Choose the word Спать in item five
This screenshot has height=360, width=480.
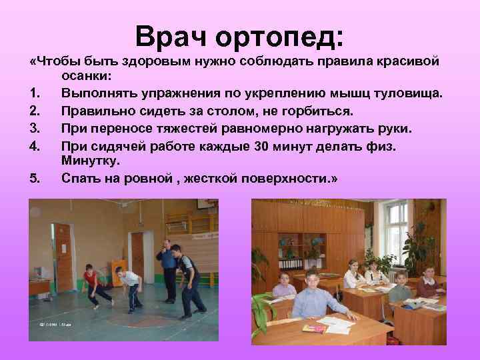(x=81, y=177)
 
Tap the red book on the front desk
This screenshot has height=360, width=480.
(x=313, y=328)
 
